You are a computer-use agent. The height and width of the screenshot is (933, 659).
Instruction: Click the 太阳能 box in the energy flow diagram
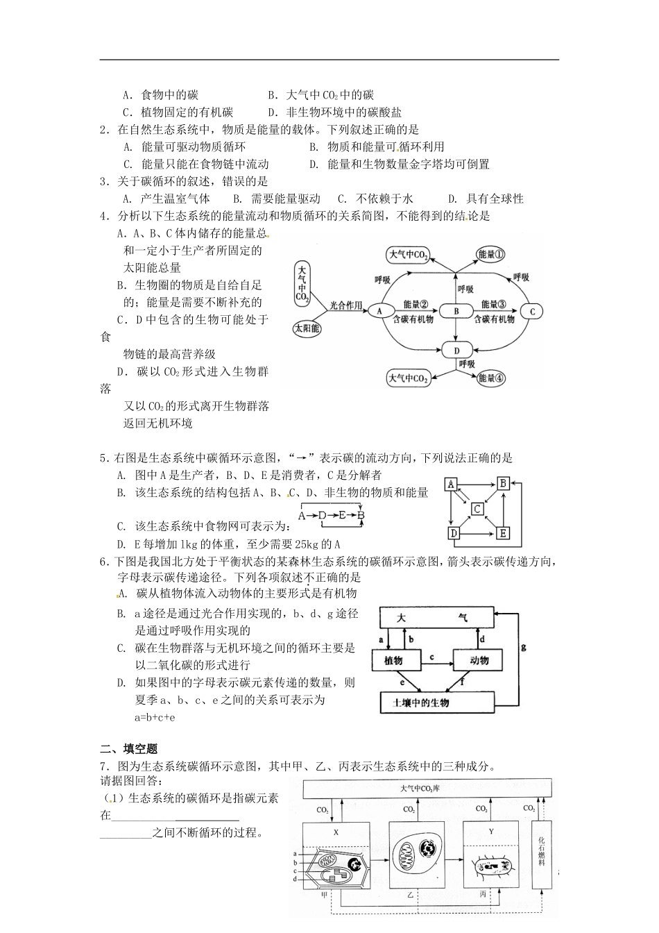(x=307, y=329)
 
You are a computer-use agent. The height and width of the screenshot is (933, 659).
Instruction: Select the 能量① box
(x=491, y=255)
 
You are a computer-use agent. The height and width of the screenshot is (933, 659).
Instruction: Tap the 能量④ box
(x=491, y=378)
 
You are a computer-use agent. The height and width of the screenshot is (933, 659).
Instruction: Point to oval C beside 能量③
(x=532, y=312)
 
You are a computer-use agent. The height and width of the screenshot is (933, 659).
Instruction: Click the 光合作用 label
(x=346, y=304)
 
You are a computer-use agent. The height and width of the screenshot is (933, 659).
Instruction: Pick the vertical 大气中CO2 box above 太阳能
(x=302, y=283)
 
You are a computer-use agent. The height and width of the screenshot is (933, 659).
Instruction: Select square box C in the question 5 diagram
(x=478, y=509)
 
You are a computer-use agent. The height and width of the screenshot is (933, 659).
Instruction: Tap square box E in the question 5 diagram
(x=503, y=533)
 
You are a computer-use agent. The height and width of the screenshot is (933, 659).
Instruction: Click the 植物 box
(x=393, y=661)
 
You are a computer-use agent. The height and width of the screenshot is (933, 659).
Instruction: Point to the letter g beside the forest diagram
(x=523, y=646)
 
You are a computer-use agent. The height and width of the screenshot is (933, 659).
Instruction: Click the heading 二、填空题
(x=129, y=749)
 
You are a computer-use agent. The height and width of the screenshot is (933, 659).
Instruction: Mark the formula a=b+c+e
(x=155, y=716)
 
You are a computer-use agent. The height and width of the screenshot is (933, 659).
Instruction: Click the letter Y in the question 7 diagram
(x=490, y=831)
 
